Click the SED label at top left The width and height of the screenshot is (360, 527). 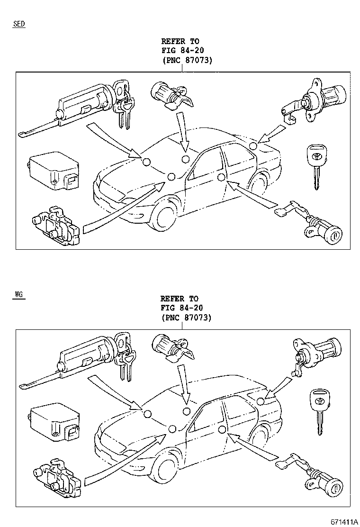tap(19, 24)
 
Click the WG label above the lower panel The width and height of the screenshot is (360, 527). tap(18, 294)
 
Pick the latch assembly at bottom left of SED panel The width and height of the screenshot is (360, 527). tap(54, 225)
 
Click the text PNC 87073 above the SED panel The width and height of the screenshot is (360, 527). tap(187, 60)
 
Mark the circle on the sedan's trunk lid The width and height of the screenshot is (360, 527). tap(254, 146)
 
